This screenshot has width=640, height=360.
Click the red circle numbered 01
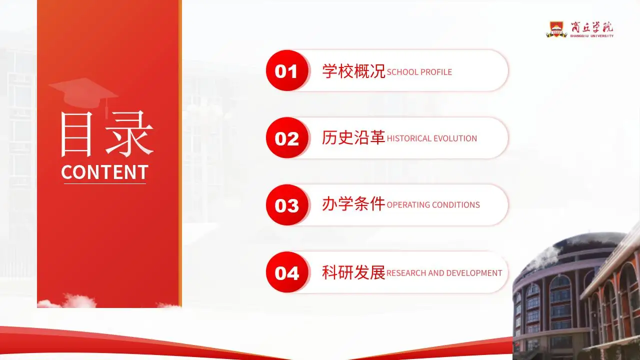[x=286, y=71]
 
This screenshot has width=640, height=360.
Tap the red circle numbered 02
[x=286, y=138]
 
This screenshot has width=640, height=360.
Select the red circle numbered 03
[x=286, y=205]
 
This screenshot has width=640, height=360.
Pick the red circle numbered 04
[x=286, y=272]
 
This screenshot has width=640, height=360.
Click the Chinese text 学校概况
[x=353, y=71]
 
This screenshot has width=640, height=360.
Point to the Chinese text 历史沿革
[x=353, y=138]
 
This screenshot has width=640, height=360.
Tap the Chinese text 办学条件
[x=353, y=204]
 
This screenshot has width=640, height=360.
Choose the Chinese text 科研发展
[x=353, y=272]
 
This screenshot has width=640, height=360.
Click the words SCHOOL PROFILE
[x=419, y=72]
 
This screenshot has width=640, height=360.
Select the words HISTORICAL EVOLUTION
[x=432, y=138]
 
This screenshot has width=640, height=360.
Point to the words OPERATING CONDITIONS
[x=433, y=205]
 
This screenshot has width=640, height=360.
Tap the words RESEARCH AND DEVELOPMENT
[x=444, y=273]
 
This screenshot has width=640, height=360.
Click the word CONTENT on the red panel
[x=104, y=172]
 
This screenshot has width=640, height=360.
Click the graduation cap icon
[x=83, y=93]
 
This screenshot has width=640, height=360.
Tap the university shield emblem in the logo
[x=556, y=29]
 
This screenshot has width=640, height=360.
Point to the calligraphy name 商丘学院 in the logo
[x=592, y=27]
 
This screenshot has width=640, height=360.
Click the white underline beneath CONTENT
[x=104, y=183]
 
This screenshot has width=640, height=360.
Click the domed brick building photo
[x=575, y=295]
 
